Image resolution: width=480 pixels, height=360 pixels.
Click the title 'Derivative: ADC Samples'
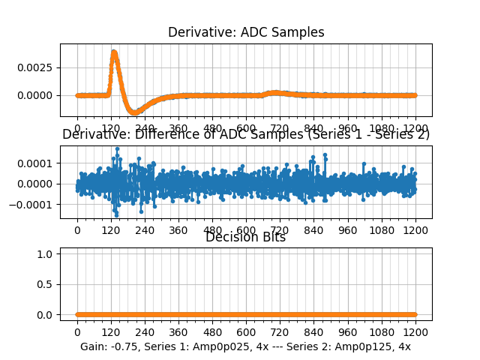[x=246, y=32]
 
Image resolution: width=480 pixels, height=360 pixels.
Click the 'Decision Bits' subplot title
[x=246, y=238]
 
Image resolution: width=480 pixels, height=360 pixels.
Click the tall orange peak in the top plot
[x=113, y=52]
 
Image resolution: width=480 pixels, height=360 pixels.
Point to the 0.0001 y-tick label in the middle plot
[x=39, y=163]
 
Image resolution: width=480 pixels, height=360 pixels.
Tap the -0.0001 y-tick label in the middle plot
[x=37, y=205]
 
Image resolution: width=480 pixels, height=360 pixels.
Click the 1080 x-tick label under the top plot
[x=382, y=127]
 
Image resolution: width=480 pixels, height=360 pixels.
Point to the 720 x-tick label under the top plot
[x=280, y=127]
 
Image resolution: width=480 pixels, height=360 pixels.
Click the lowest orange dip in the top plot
[x=134, y=112]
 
